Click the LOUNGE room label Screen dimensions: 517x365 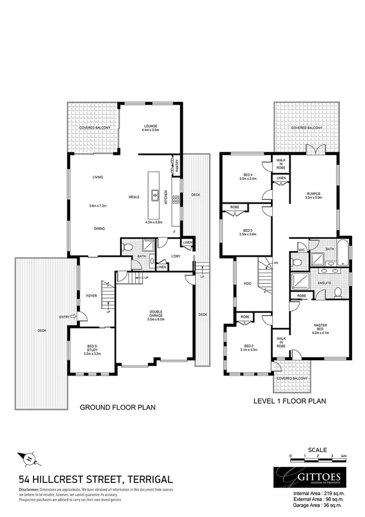(x=150, y=127)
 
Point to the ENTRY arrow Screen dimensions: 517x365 (x=73, y=316)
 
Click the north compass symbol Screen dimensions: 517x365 (x=29, y=456)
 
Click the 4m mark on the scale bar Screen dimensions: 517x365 (x=344, y=456)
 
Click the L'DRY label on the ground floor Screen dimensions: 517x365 (x=177, y=255)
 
